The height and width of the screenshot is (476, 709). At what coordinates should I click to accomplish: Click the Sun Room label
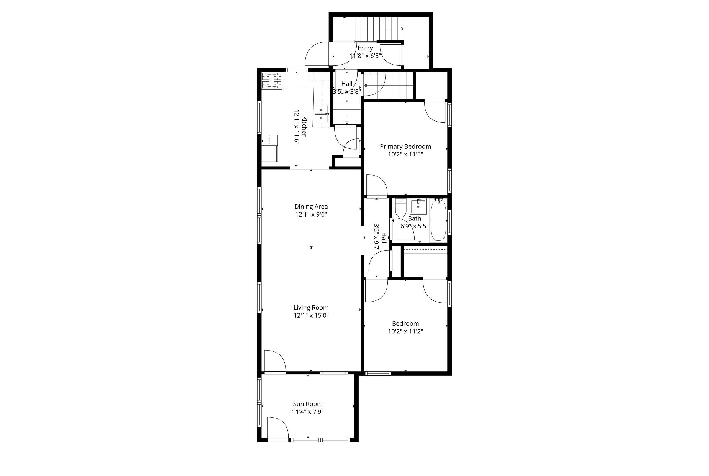pos(308,404)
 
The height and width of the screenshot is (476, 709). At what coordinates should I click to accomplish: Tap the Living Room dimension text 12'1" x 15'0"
pos(311,315)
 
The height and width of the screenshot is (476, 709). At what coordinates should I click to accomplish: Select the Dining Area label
pos(311,207)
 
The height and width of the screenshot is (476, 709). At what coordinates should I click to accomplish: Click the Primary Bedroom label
pos(405,147)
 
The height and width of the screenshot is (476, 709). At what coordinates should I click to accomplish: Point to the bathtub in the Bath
pos(438,220)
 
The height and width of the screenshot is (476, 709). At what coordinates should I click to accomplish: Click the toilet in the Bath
pos(400,208)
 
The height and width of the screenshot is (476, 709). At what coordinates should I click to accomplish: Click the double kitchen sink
pos(321,114)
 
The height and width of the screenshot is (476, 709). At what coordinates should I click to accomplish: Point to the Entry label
pos(365,48)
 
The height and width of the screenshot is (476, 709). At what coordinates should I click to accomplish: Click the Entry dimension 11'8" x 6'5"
pos(365,56)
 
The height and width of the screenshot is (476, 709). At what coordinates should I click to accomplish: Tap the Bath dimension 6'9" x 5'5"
pos(415,226)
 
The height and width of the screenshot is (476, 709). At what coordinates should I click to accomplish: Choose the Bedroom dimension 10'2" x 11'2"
pos(405,331)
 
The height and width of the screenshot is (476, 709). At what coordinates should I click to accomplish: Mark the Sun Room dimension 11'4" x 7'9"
pos(308,412)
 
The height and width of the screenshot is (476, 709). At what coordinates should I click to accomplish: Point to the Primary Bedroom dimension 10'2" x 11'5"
pos(405,154)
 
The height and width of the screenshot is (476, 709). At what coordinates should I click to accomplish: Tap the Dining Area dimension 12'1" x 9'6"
pos(311,214)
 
